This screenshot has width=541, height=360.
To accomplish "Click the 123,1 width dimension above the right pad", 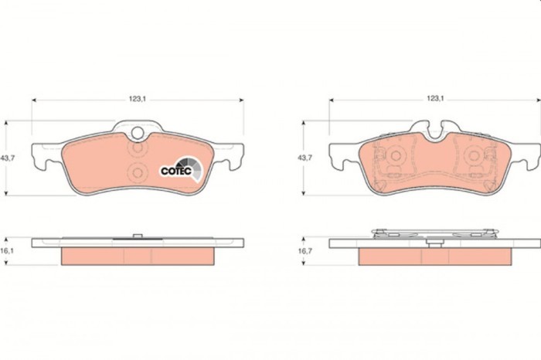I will click(435, 99).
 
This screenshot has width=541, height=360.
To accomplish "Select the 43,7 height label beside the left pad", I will click(9, 158).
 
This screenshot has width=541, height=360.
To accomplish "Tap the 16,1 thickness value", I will click(9, 252).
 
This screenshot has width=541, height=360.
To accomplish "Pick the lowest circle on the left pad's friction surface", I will click(138, 171).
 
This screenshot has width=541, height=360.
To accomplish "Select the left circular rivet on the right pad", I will click(395, 155).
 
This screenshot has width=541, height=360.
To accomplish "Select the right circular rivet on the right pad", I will click(474, 155).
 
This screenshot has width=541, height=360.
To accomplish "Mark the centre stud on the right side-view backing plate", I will click(435, 243).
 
